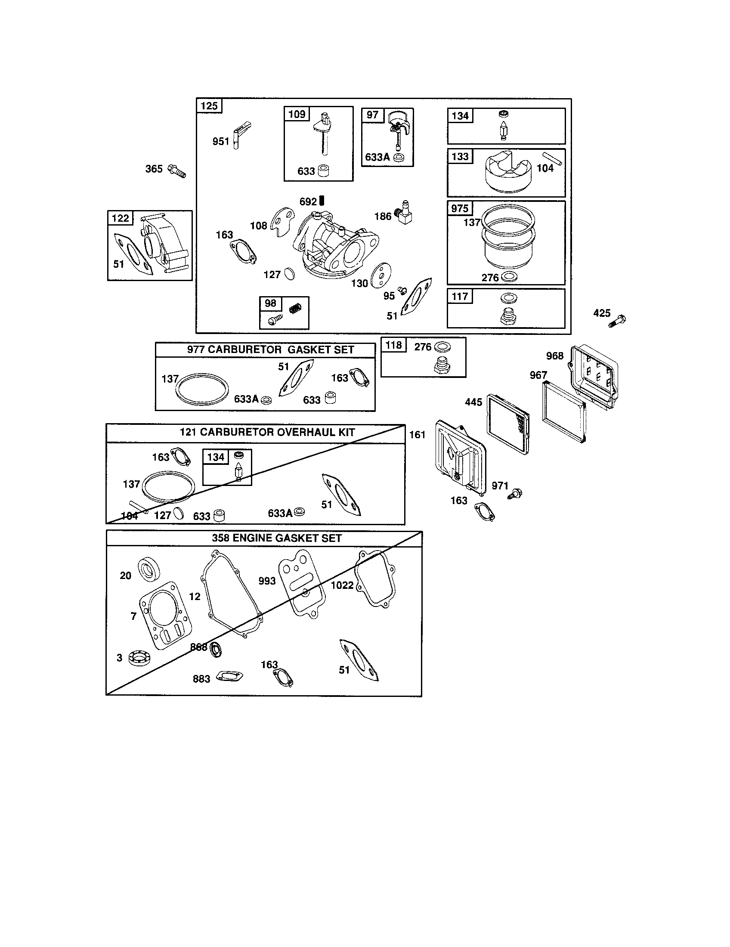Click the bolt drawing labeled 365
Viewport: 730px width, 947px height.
176,171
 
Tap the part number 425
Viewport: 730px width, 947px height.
602,313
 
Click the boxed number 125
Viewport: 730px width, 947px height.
209,106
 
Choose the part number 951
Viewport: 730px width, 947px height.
221,141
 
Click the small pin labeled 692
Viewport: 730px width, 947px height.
322,200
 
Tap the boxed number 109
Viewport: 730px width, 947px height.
297,114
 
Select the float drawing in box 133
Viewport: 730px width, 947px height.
508,173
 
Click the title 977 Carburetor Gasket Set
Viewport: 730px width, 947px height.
270,350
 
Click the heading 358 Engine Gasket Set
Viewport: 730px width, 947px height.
277,538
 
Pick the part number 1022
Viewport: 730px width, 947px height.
342,585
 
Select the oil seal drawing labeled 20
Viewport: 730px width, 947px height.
148,569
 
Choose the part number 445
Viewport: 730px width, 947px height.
473,402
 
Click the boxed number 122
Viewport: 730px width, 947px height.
121,218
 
